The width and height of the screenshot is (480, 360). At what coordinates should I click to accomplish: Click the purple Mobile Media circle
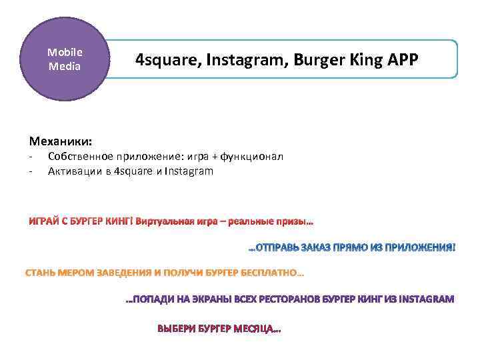64,59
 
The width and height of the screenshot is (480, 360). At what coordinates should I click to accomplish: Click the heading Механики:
61,141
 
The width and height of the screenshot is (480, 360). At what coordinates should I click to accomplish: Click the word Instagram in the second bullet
189,171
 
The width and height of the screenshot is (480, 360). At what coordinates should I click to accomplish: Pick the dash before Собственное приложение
31,157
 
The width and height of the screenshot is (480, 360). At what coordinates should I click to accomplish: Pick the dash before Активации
31,171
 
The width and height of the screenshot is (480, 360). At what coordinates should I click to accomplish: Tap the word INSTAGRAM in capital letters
425,299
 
